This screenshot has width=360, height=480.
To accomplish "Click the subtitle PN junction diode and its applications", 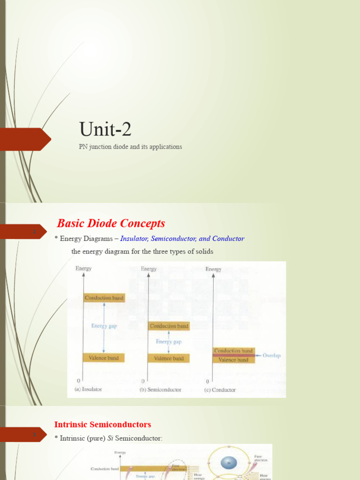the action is [130, 147].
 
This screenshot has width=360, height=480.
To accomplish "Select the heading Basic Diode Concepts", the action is [111, 224].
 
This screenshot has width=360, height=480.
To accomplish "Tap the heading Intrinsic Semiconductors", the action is [103, 425].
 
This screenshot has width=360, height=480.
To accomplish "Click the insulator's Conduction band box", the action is [104, 298].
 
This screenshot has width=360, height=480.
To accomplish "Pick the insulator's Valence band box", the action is [104, 358].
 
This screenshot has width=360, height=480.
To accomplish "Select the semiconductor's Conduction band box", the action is [169, 326].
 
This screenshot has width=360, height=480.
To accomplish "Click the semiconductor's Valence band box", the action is [169, 358].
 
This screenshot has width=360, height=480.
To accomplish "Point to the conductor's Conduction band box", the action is [233, 351].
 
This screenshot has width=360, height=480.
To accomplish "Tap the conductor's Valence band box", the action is [233, 360].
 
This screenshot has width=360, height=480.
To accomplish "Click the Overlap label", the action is [271, 356].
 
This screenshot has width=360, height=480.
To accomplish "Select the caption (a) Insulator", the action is [88, 390].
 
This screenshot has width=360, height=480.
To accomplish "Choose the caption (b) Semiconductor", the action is [160, 390].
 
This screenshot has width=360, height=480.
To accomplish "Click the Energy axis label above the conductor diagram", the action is [213, 269].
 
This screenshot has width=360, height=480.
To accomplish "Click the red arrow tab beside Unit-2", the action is [26, 139].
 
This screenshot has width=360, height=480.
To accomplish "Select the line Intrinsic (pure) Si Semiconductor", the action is [109, 438].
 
